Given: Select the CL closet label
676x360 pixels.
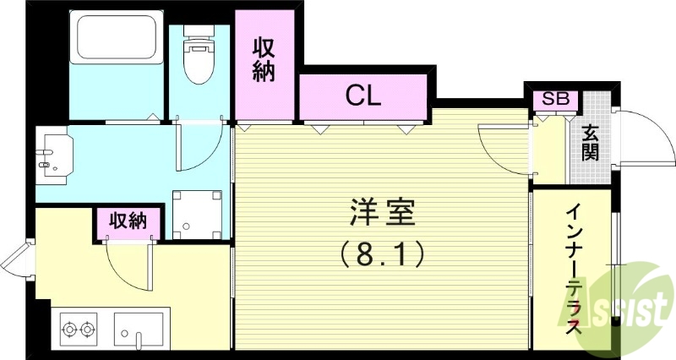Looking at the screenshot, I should click(x=363, y=95).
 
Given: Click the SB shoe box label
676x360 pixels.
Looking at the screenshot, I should click(x=554, y=99).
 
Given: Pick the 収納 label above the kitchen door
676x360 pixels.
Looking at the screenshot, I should click(x=127, y=221).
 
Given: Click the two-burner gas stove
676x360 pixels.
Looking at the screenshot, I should click(x=78, y=327).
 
